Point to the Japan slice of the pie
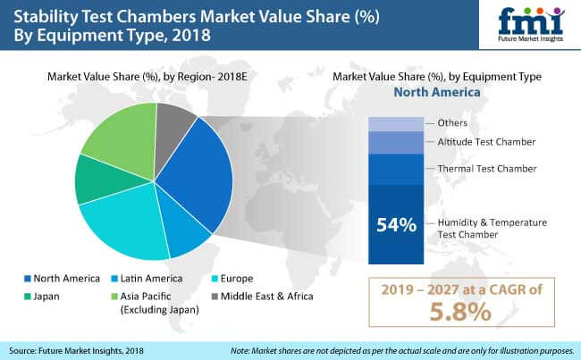point(97,180)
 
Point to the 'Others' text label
point(451,122)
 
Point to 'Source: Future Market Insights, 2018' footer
point(79,349)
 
